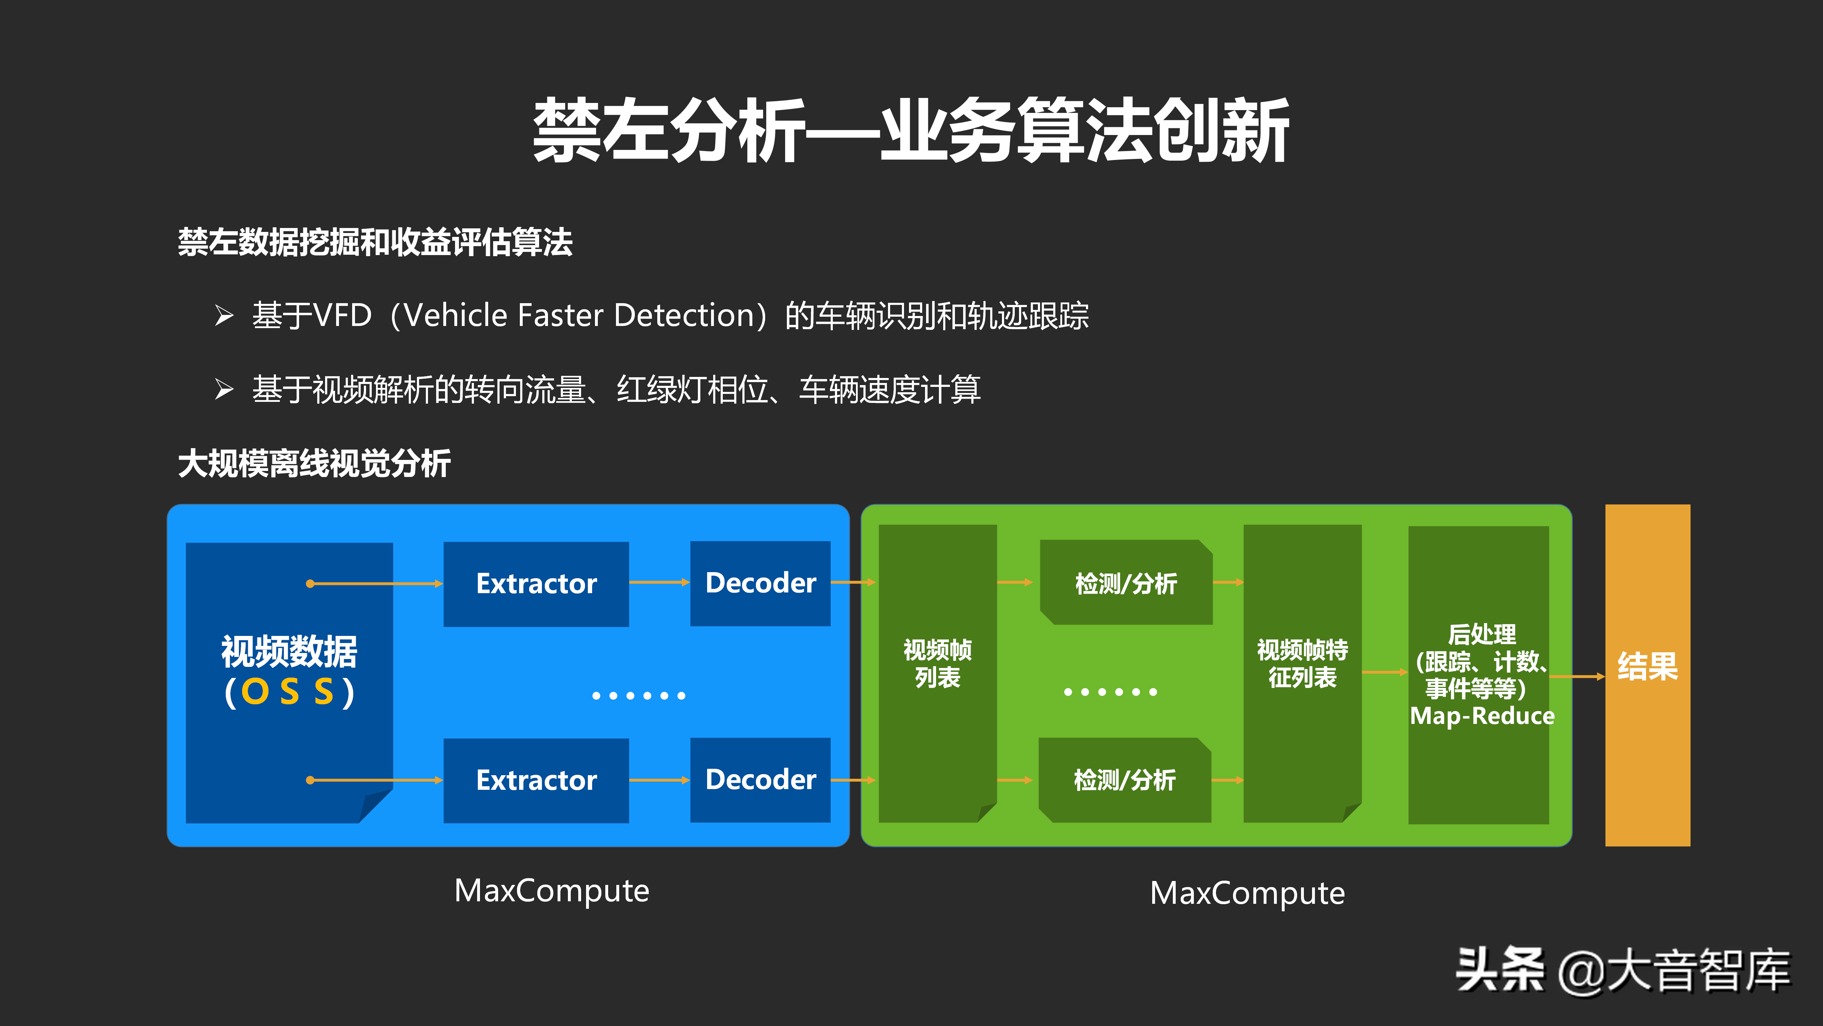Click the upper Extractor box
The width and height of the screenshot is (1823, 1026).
[536, 584]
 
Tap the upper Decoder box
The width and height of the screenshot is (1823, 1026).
[760, 583]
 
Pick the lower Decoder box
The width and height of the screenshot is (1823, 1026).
[760, 779]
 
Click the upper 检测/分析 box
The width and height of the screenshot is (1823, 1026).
[1126, 583]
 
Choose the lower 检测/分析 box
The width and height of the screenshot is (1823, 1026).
[1124, 779]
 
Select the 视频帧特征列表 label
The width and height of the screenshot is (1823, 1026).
[1302, 663]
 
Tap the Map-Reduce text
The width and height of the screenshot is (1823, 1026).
[1482, 716]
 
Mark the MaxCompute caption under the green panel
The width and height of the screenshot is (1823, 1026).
[1247, 893]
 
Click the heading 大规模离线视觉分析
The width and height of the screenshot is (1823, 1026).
[314, 464]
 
